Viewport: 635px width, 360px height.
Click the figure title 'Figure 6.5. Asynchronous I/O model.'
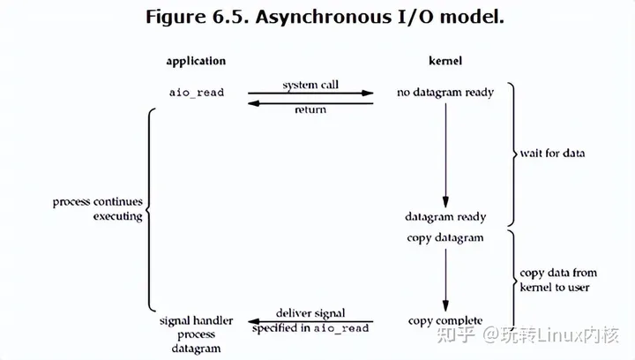[317, 18]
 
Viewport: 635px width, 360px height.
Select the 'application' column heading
[196, 61]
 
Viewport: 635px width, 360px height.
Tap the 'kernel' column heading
[445, 61]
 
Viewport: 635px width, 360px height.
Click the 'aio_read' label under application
[196, 92]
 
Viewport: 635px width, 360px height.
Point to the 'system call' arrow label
[310, 85]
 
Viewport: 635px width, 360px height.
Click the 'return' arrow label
[310, 109]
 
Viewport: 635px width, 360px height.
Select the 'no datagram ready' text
[445, 92]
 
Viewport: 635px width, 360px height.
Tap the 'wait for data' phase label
[552, 154]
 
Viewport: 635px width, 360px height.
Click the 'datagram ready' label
[445, 216]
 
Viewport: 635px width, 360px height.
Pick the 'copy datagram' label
[445, 237]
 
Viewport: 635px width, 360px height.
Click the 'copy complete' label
[445, 320]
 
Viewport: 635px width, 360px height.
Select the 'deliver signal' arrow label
[310, 313]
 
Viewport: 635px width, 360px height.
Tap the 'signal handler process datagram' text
[197, 334]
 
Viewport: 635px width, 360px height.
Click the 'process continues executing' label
[97, 209]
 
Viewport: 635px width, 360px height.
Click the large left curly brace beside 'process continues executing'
[152, 209]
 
